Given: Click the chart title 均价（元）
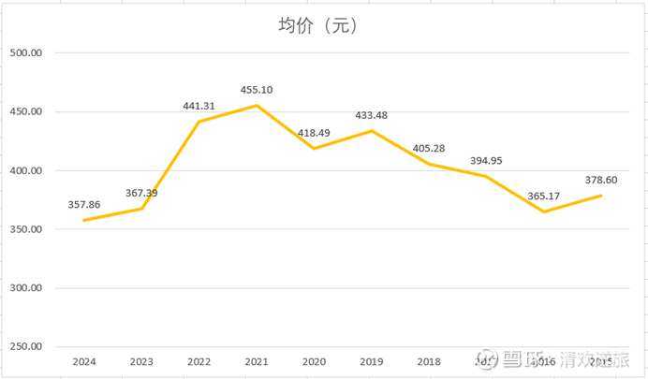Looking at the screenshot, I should (319, 25).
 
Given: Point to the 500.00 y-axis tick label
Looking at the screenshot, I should (25, 54).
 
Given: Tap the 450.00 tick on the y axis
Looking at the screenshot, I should (25, 112).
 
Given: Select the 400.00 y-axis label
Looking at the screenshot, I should (25, 171).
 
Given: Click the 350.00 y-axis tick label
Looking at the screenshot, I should (25, 229).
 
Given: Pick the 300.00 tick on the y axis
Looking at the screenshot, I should (25, 288).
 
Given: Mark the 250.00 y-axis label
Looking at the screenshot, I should (25, 347).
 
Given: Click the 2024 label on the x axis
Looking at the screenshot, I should (84, 361).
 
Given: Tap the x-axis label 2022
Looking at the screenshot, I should (199, 361).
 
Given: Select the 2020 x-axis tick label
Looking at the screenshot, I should (314, 361).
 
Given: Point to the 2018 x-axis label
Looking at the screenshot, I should (429, 361).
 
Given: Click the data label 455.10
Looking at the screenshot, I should (257, 90).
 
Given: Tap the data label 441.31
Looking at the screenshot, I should (199, 106).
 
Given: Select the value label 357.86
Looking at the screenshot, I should (84, 204).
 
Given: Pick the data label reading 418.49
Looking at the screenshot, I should (315, 133).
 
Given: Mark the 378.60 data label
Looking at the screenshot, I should (601, 180).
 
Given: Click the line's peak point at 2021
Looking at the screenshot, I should (257, 106).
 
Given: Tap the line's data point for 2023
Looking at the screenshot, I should (141, 209).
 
